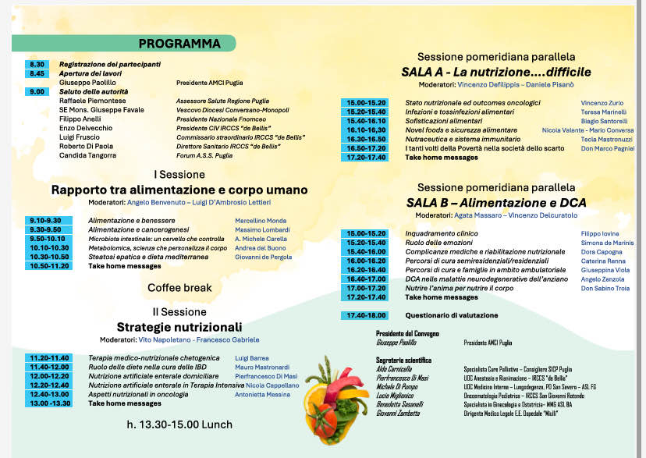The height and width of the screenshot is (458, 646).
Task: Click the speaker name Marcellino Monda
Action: point(261,221)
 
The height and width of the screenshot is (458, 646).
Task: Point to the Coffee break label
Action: point(179,288)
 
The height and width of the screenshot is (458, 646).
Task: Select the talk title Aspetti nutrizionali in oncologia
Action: point(138,395)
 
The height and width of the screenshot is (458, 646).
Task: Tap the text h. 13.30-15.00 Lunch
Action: point(173,424)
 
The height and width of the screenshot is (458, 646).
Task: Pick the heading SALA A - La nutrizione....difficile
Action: point(496,72)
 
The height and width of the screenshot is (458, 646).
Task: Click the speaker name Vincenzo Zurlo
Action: point(602,103)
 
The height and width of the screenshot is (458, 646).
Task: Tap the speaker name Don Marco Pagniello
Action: point(608,148)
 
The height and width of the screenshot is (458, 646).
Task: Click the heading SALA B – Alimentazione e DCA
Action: point(496,203)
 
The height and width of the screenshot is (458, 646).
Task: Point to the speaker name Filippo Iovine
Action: point(599,233)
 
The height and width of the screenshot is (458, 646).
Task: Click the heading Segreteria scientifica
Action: point(403,360)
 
